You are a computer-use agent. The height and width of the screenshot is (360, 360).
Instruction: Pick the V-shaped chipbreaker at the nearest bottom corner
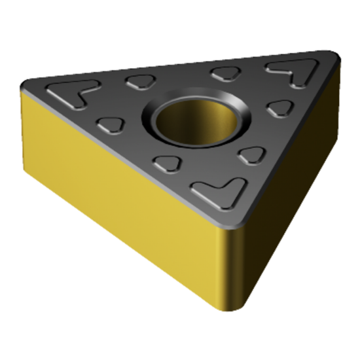coord(214,190)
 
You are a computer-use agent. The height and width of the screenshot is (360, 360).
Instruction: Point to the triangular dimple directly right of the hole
coord(280,108)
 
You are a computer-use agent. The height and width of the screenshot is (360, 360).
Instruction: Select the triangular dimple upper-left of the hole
coord(139,82)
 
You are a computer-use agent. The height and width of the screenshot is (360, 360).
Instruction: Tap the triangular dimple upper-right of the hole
coord(225,73)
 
